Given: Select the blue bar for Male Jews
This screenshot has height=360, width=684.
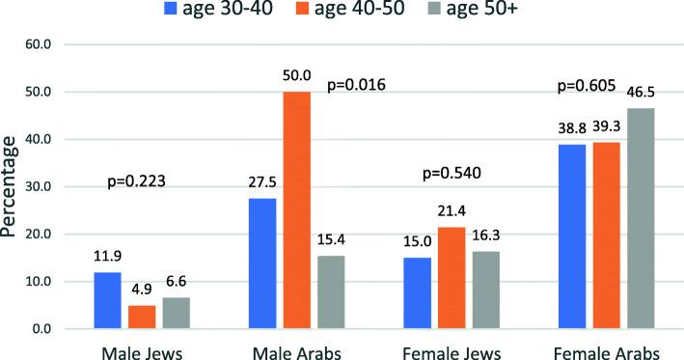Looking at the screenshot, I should coord(107,300).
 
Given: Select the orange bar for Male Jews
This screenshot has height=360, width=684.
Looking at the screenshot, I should coord(142,318).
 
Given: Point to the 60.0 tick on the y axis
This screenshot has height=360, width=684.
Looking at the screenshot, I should coord(49,44).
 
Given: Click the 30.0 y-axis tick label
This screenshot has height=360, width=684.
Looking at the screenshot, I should coord(49,187).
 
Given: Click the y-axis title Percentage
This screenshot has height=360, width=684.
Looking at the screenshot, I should coord(14,187).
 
